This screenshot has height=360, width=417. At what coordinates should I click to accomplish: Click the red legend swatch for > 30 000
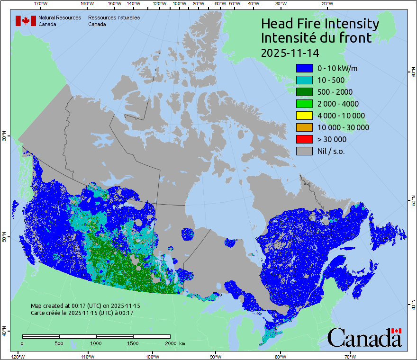pyautogui.click(x=304, y=139)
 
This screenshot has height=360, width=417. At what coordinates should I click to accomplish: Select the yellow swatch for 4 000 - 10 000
pyautogui.click(x=304, y=116)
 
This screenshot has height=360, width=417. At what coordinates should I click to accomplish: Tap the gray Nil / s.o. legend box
pyautogui.click(x=304, y=151)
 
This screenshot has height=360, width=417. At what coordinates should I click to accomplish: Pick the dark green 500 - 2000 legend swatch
pyautogui.click(x=304, y=92)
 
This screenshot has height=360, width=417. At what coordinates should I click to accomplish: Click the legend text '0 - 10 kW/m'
pyautogui.click(x=337, y=68)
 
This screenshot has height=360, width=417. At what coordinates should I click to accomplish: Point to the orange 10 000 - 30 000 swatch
pyautogui.click(x=304, y=127)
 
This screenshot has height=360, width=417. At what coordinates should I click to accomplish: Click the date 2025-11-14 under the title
pyautogui.click(x=289, y=52)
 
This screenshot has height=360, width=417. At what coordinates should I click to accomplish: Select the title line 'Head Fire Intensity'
pyautogui.click(x=320, y=24)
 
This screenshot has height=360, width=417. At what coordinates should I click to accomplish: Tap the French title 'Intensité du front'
pyautogui.click(x=317, y=38)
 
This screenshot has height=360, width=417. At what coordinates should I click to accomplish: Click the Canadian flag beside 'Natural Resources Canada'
pyautogui.click(x=26, y=21)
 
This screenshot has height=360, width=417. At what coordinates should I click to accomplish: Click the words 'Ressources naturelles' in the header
pyautogui.click(x=114, y=18)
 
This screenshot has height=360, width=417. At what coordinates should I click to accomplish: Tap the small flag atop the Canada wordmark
pyautogui.click(x=397, y=331)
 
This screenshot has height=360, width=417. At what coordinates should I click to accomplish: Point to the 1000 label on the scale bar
pyautogui.click(x=96, y=343)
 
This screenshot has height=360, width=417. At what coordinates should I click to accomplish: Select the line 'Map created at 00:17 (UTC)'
pyautogui.click(x=85, y=306)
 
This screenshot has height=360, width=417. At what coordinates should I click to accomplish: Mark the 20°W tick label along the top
pyautogui.click(x=326, y=4)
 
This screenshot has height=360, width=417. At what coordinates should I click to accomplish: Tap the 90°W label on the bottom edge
pyautogui.click(x=216, y=356)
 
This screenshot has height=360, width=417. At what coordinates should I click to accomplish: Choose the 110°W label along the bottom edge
pyautogui.click(x=87, y=356)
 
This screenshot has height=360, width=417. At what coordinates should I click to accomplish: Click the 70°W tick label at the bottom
pyautogui.click(x=350, y=356)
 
